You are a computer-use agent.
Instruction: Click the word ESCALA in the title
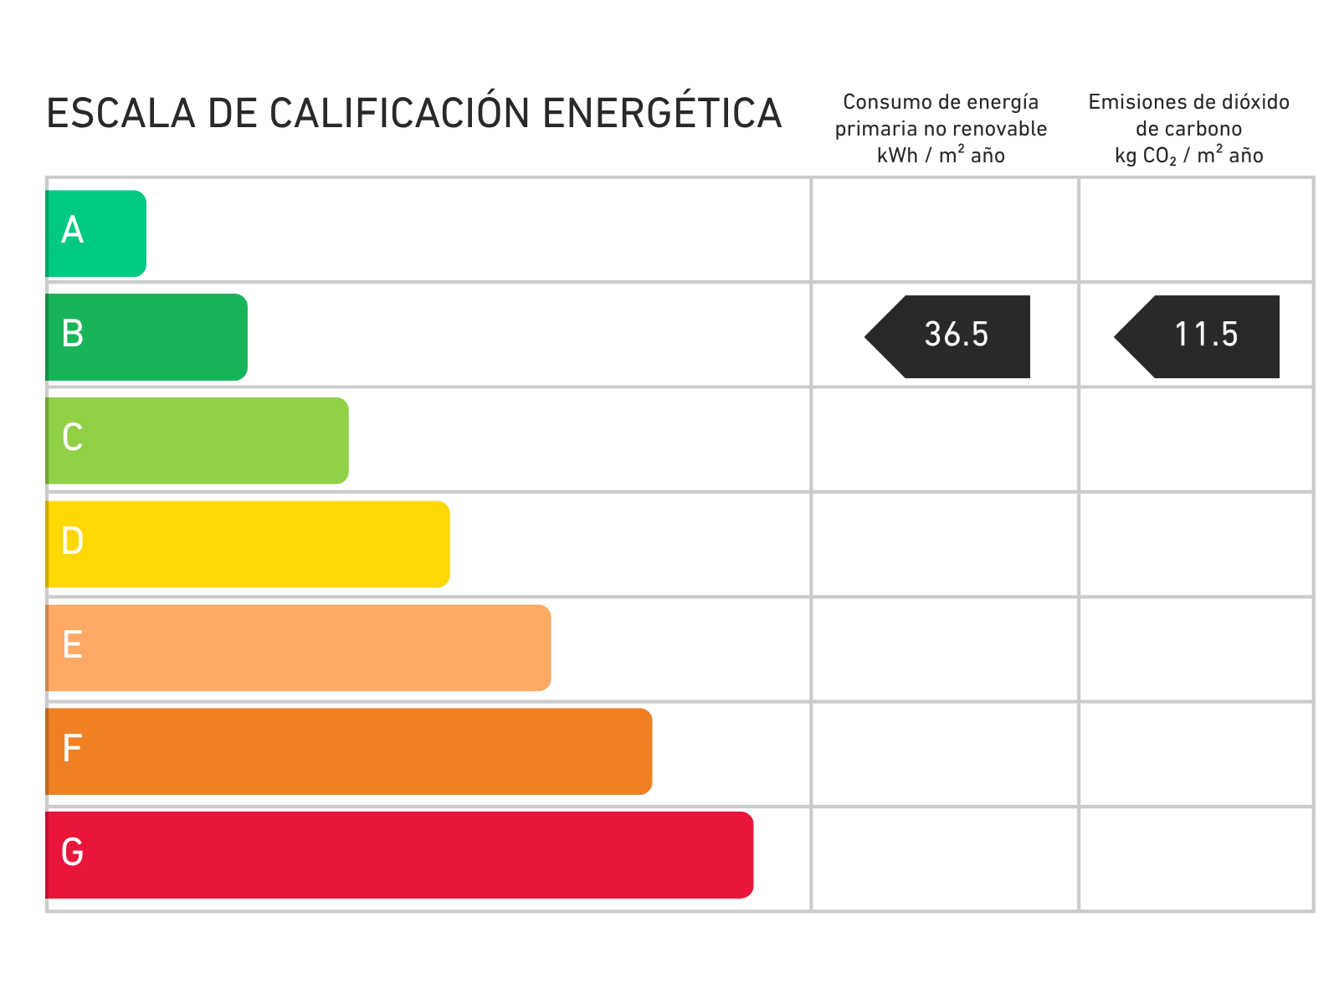121,114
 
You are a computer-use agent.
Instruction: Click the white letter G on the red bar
73,853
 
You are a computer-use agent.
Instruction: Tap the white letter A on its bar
73,230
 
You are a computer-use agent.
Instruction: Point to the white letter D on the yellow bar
73,541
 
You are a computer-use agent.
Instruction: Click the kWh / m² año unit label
941,156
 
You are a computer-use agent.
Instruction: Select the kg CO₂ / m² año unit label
1188,156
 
